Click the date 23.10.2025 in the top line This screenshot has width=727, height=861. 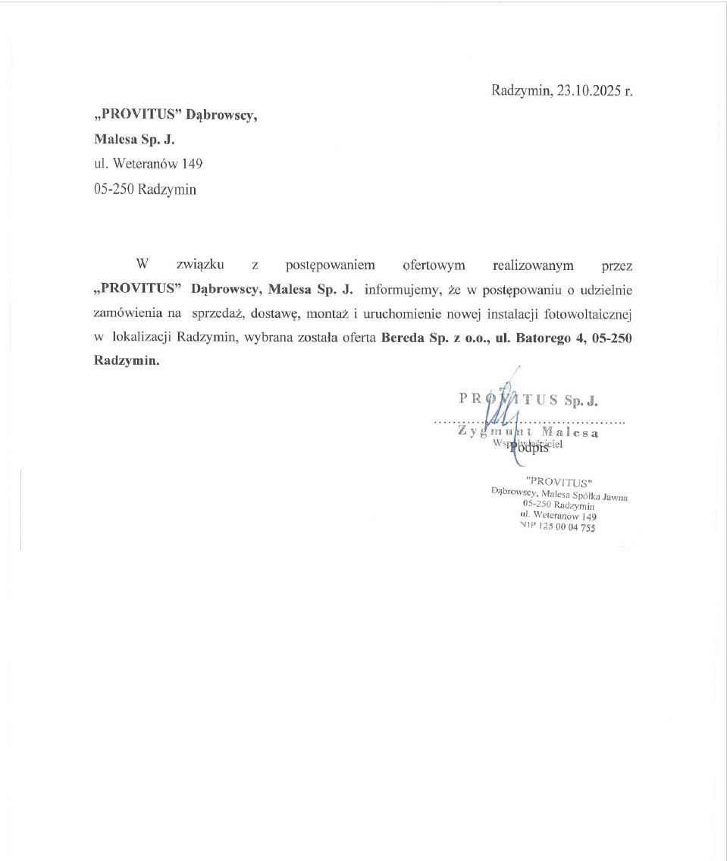pyautogui.click(x=589, y=91)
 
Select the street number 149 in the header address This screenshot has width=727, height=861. pyautogui.click(x=191, y=164)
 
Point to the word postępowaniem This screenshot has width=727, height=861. pyautogui.click(x=330, y=266)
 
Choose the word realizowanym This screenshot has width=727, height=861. pyautogui.click(x=533, y=266)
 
